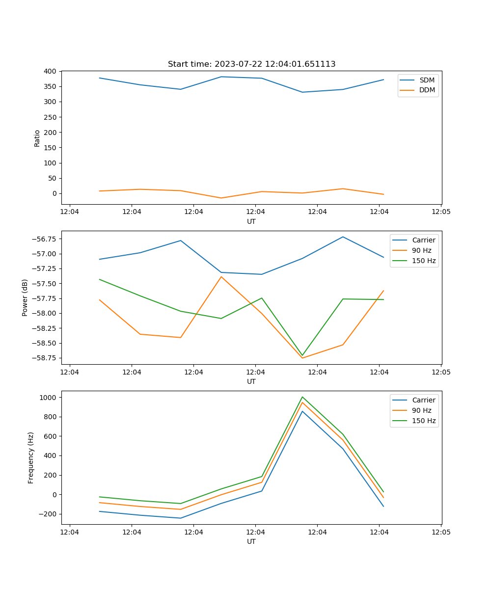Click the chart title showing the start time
[x=251, y=64]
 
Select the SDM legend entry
[x=427, y=80]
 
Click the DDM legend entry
[x=427, y=90]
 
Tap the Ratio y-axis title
[x=37, y=138]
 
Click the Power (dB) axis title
[x=25, y=297]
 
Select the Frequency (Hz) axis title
[x=31, y=457]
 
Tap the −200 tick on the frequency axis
[x=48, y=514]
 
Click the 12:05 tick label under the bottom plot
[x=441, y=532]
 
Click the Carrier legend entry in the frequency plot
[x=423, y=400]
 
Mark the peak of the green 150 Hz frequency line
[x=302, y=397]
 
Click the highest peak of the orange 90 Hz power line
[x=221, y=277]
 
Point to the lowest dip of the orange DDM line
[x=221, y=198]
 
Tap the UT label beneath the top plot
[x=251, y=221]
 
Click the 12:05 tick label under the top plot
[x=441, y=212]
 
